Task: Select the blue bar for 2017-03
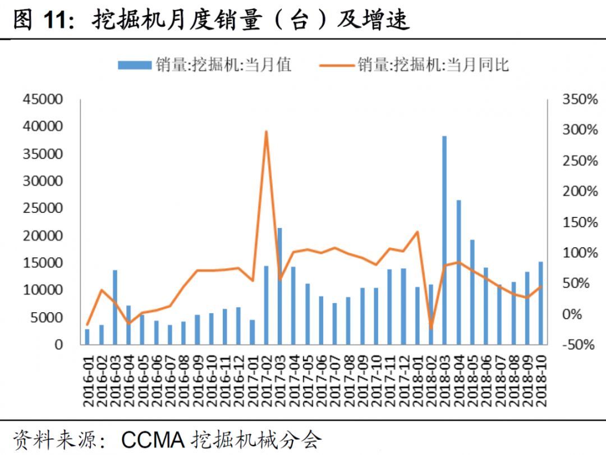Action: pyautogui.click(x=279, y=286)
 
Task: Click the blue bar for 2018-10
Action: pyautogui.click(x=541, y=303)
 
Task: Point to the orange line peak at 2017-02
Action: pyautogui.click(x=266, y=132)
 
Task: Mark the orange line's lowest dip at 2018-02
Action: pyautogui.click(x=431, y=328)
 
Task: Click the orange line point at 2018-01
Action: pyautogui.click(x=417, y=231)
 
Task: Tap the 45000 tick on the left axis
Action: pyautogui.click(x=43, y=99)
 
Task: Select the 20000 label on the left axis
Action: pyautogui.click(x=43, y=236)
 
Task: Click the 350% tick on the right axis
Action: pyautogui.click(x=580, y=100)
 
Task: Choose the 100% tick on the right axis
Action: pyautogui.click(x=580, y=253)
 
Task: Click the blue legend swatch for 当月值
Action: pyautogui.click(x=135, y=66)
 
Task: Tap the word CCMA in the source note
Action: pyautogui.click(x=154, y=439)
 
